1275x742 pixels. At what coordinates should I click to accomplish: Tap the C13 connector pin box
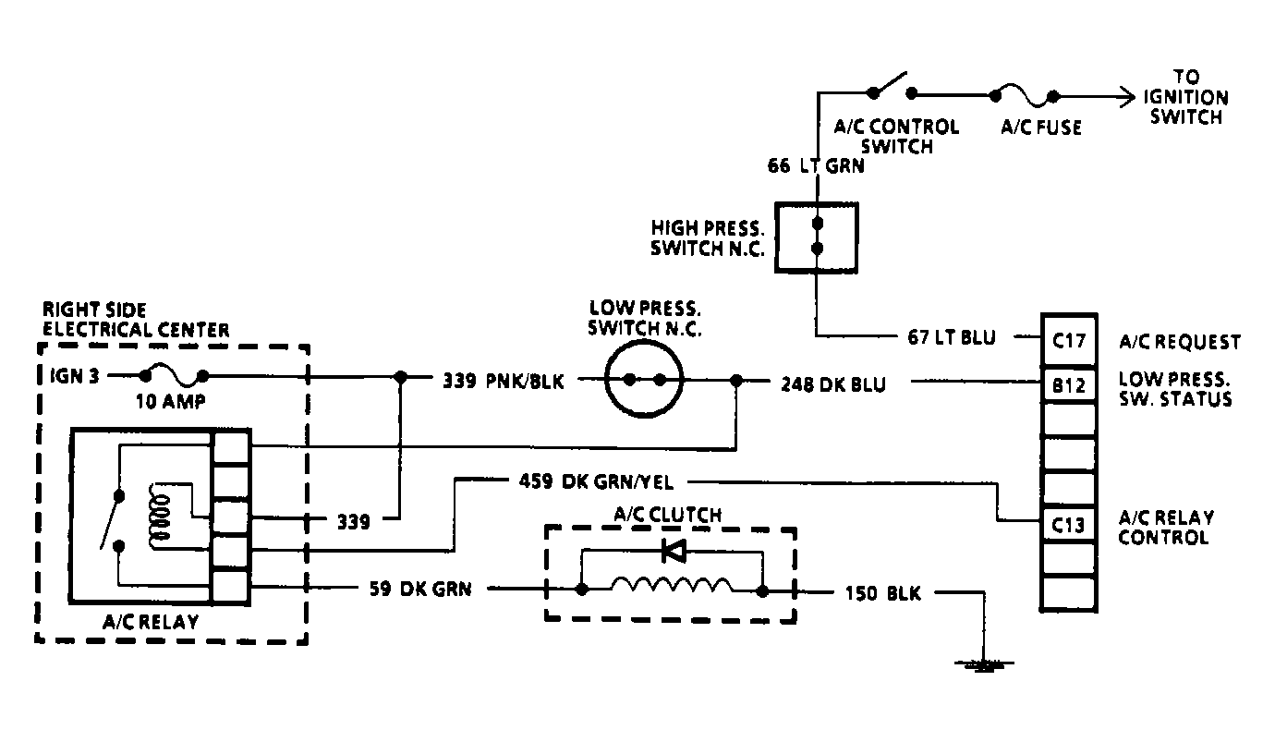[1068, 525]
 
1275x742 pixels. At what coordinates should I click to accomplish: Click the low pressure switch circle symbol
[644, 380]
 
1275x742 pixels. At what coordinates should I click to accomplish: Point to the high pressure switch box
[816, 237]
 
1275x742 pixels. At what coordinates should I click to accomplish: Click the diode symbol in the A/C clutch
[673, 553]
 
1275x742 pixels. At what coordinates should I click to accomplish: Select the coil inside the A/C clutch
[672, 586]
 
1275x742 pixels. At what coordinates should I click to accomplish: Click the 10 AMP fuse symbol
[175, 375]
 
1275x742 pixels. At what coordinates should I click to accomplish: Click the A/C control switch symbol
[892, 88]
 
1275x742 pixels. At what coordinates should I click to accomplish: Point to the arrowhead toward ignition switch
[1126, 95]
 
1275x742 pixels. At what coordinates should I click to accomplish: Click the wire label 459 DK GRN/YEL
[596, 480]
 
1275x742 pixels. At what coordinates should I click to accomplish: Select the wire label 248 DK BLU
[832, 384]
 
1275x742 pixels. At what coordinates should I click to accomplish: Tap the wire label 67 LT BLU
[951, 338]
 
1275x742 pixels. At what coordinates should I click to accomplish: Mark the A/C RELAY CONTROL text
[1166, 527]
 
